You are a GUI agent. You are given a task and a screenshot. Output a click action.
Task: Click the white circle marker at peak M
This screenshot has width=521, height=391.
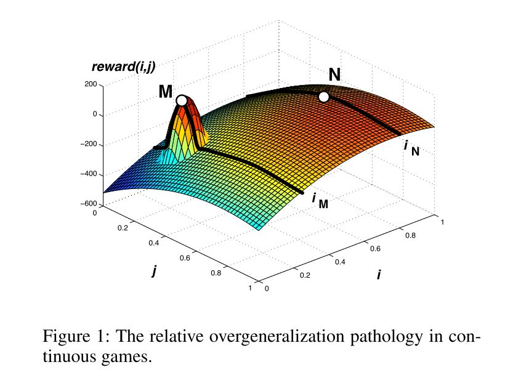pyautogui.click(x=182, y=100)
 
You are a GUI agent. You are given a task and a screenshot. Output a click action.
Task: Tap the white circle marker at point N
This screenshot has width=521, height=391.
pyautogui.click(x=323, y=97)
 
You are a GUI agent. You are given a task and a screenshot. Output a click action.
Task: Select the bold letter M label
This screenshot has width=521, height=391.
pyautogui.click(x=166, y=92)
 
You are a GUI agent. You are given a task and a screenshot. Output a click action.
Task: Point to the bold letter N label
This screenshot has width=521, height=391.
pyautogui.click(x=334, y=75)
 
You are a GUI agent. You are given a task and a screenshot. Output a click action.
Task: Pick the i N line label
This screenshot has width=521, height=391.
pyautogui.click(x=411, y=148)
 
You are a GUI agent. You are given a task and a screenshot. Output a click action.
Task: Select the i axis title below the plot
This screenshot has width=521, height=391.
pyautogui.click(x=379, y=275)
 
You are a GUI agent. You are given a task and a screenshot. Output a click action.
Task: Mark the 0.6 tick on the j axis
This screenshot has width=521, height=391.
pyautogui.click(x=185, y=258)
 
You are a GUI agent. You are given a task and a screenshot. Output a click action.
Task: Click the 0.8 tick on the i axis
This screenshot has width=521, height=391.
pyautogui.click(x=410, y=236)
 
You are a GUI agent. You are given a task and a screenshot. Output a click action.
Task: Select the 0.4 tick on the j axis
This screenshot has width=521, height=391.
pyautogui.click(x=154, y=243)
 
